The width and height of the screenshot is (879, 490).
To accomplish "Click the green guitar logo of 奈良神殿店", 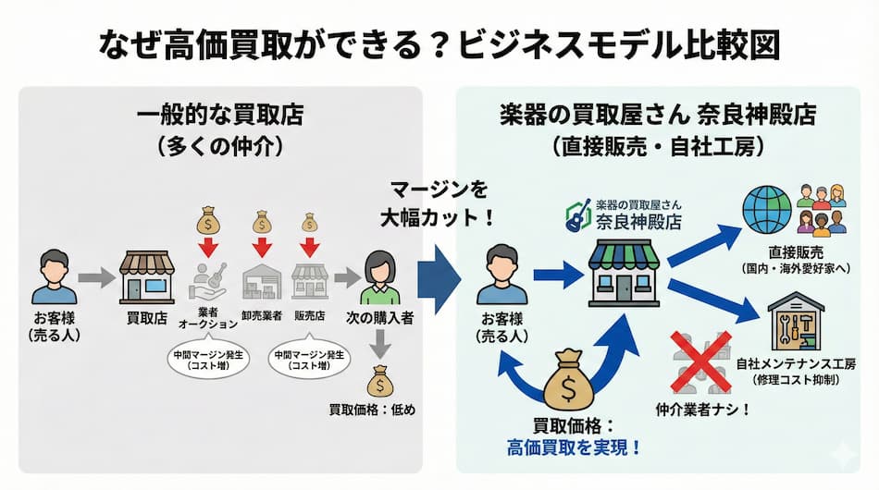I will pyautogui.click(x=579, y=216).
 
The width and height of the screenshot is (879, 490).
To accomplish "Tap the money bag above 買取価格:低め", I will pyautogui.click(x=381, y=381).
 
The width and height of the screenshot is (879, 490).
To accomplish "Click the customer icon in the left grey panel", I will pyautogui.click(x=55, y=276).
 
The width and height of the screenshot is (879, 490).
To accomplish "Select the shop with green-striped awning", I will pyautogui.click(x=623, y=274).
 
